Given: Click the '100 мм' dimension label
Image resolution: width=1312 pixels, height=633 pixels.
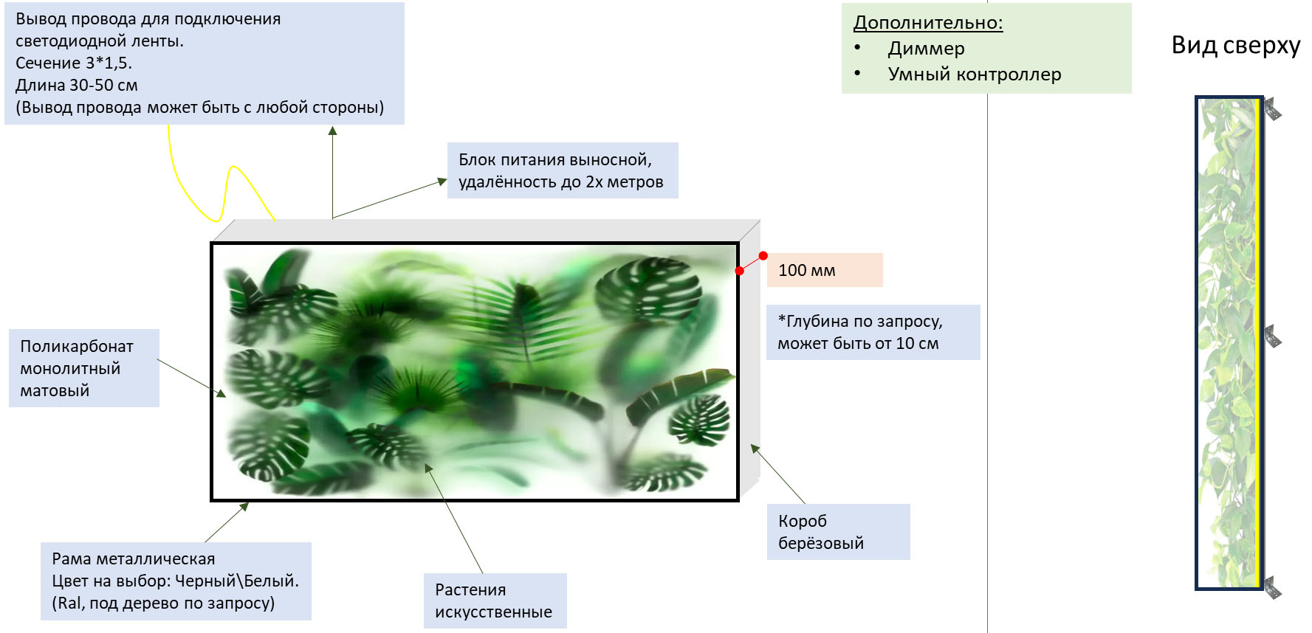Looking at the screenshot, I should click(x=807, y=270).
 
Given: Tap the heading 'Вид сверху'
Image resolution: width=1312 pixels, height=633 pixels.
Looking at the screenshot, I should click(x=1235, y=45).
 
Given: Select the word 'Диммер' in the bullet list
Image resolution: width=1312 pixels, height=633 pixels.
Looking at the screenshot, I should click(x=926, y=49).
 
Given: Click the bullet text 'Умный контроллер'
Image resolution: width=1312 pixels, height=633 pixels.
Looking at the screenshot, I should click(x=974, y=75).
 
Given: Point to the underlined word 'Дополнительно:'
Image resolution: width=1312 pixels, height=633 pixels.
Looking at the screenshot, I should click(x=927, y=23).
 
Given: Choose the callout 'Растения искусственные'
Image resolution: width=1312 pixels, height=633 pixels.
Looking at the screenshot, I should click(x=494, y=601).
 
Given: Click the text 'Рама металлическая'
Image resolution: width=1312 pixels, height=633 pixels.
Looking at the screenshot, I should click(x=134, y=559).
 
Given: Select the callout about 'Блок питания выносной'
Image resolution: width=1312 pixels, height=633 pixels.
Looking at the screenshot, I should click(x=562, y=170).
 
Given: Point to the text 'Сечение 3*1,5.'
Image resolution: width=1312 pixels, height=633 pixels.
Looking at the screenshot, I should click(x=74, y=63).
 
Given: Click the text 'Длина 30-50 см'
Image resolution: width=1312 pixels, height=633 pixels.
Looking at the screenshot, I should click(x=77, y=86).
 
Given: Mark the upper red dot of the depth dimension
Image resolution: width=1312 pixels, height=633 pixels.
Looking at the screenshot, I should click(x=763, y=256).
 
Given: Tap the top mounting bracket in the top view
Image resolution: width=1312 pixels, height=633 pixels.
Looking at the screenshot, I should click(x=1272, y=110).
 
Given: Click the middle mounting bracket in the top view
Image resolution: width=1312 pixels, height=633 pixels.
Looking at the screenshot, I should click(x=1272, y=337).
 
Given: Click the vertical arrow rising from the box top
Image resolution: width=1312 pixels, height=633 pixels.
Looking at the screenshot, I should click(x=333, y=173).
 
